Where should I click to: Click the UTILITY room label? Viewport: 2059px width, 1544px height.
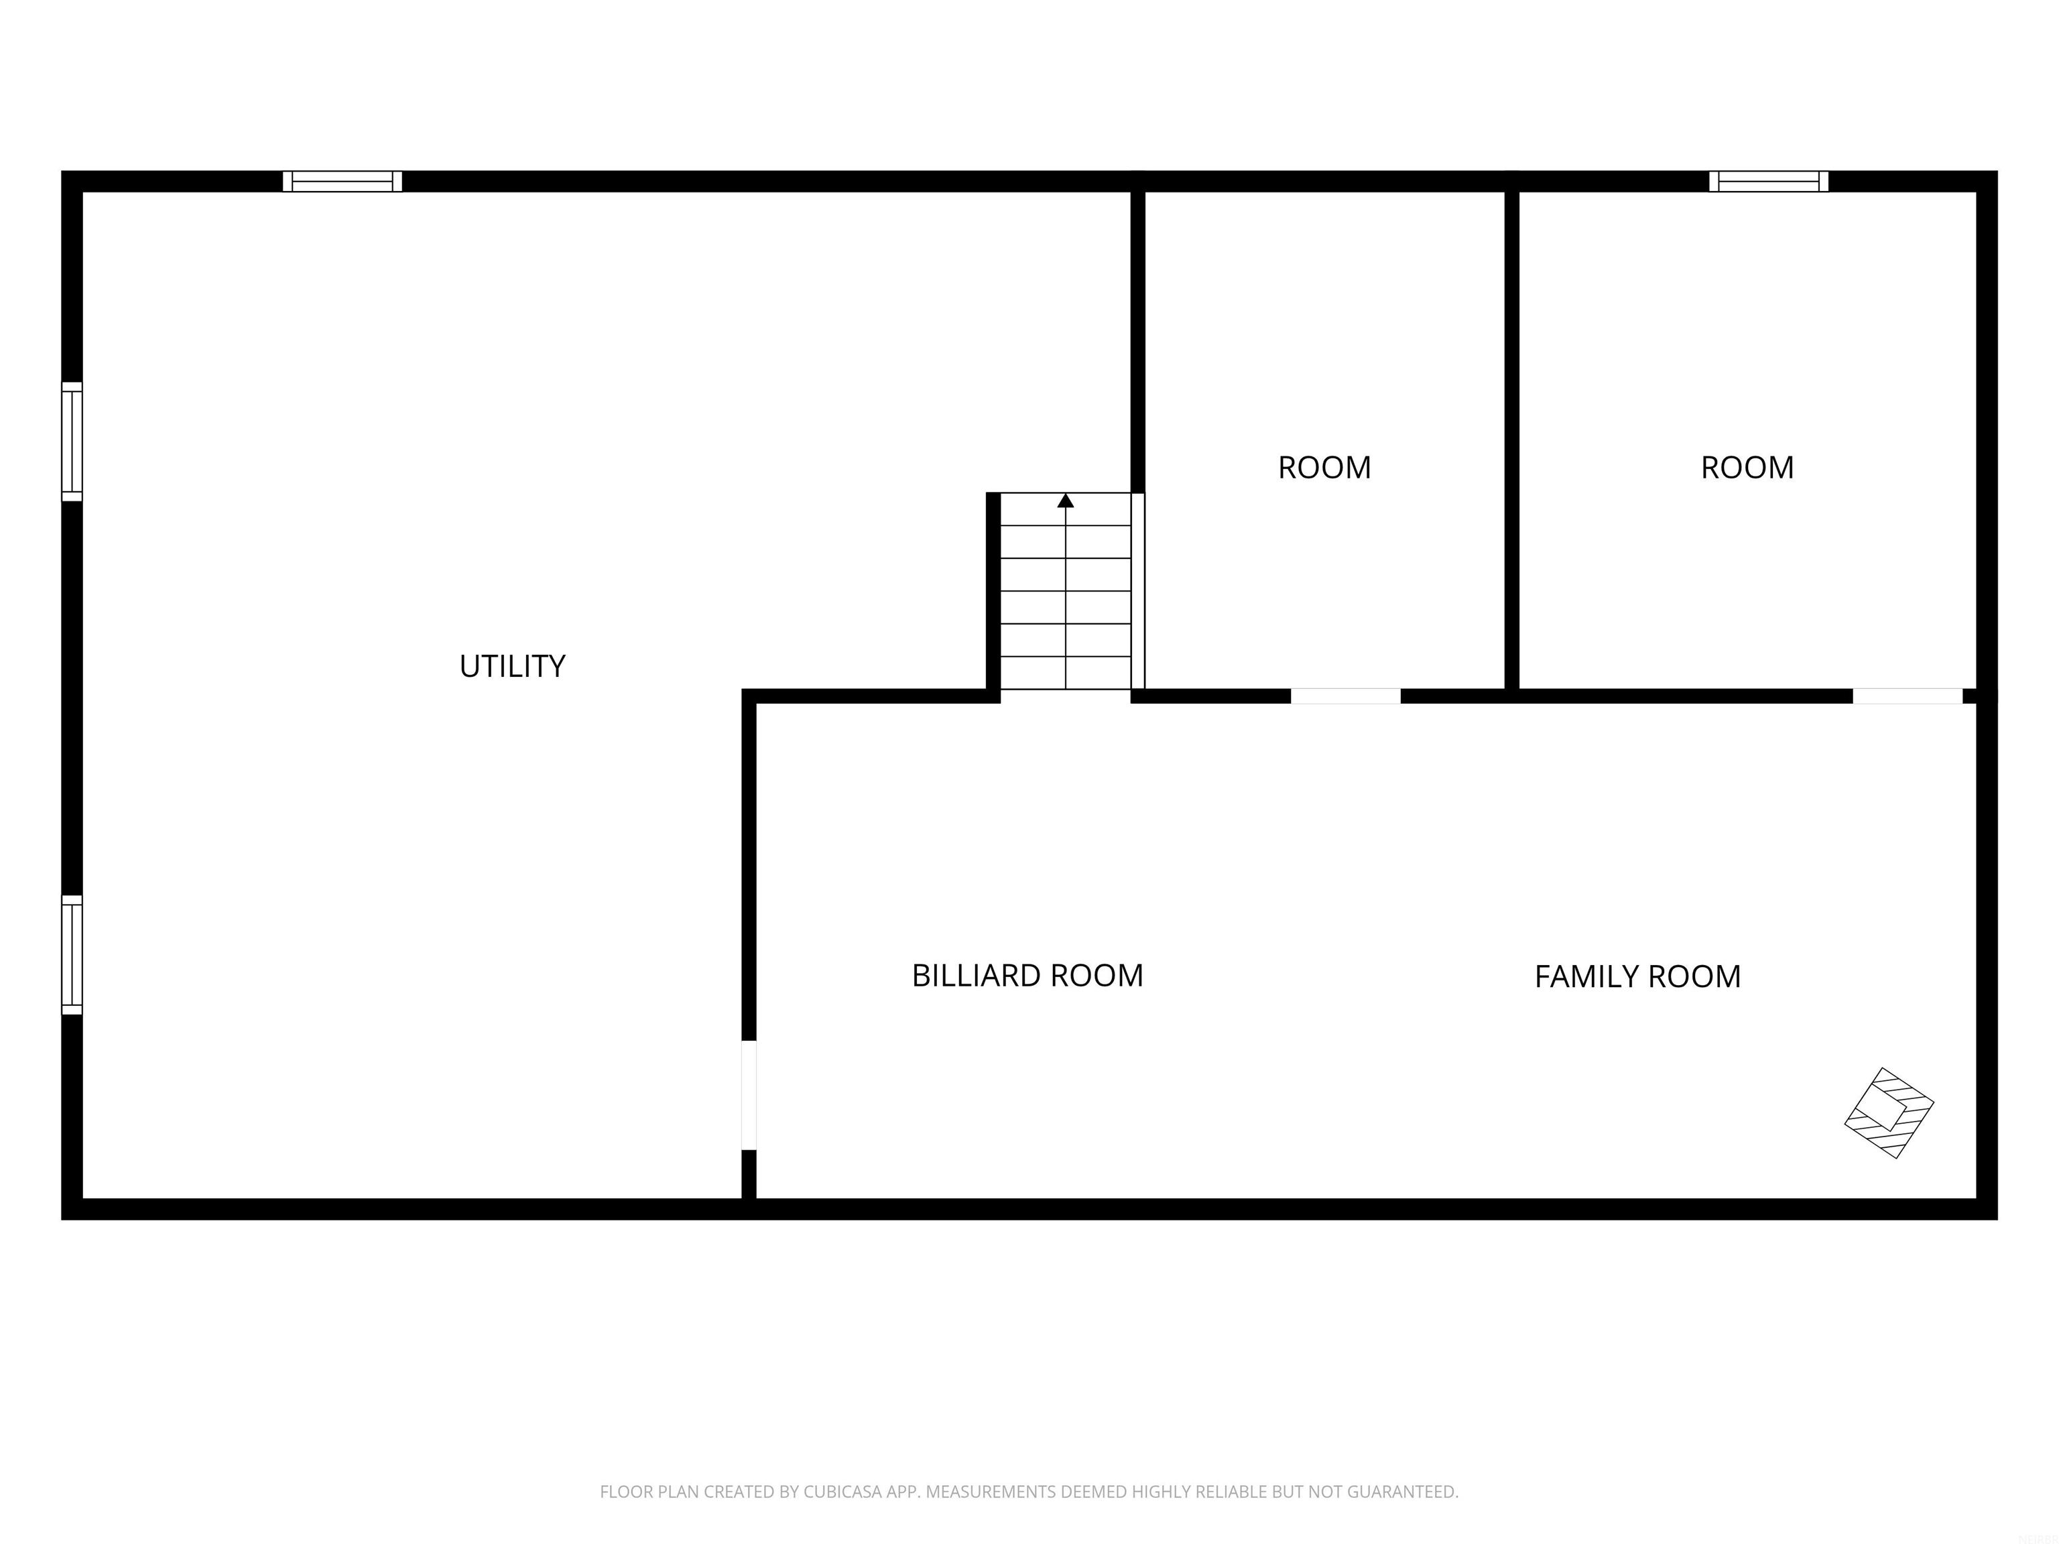click(x=512, y=666)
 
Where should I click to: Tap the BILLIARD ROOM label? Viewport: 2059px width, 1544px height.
click(x=1027, y=975)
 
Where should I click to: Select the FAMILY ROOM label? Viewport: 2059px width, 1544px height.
click(x=1637, y=976)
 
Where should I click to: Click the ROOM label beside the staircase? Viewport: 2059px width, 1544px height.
click(x=1324, y=467)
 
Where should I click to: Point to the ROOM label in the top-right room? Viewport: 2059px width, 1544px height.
click(x=1747, y=467)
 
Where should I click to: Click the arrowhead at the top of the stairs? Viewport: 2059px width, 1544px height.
click(x=1066, y=501)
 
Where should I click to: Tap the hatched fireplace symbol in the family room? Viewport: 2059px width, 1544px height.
click(x=1889, y=1113)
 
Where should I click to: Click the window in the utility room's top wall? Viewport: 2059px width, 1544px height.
click(x=342, y=182)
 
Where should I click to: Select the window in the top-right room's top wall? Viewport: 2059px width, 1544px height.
click(x=1769, y=182)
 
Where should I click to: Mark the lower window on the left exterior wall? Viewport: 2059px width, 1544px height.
click(x=72, y=955)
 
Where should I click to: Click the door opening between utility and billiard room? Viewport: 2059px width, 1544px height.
click(x=749, y=1096)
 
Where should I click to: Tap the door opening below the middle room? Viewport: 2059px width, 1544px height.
click(x=1345, y=696)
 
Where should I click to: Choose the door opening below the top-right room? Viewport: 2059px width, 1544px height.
click(x=1908, y=696)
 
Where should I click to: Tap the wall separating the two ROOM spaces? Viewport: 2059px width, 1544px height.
click(x=1511, y=438)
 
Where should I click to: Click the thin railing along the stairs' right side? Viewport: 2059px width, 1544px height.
click(x=1137, y=591)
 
